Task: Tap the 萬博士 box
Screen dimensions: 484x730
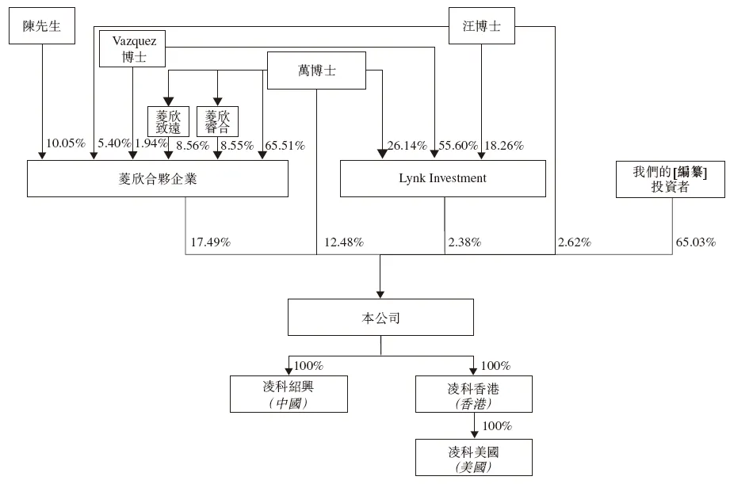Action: tap(316, 71)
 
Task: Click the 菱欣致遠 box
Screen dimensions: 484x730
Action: tap(169, 121)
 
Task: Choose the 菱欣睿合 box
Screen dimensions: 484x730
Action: tap(217, 121)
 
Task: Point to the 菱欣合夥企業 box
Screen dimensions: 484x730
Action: tap(158, 178)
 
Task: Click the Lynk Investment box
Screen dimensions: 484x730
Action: tap(442, 178)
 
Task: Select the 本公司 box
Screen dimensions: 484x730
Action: tap(380, 318)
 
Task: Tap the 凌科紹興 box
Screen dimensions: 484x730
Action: tap(289, 394)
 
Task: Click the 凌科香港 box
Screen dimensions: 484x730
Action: tap(474, 394)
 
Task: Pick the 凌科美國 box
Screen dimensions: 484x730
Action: tap(474, 457)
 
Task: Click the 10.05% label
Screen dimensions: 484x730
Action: tap(66, 144)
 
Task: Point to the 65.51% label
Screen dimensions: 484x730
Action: tap(286, 145)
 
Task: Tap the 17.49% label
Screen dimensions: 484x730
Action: tap(210, 242)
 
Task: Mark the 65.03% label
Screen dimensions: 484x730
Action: tap(695, 242)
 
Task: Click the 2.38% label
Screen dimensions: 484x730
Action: tap(464, 242)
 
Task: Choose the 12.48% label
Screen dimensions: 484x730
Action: tap(344, 242)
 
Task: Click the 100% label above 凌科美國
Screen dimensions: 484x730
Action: tap(497, 426)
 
